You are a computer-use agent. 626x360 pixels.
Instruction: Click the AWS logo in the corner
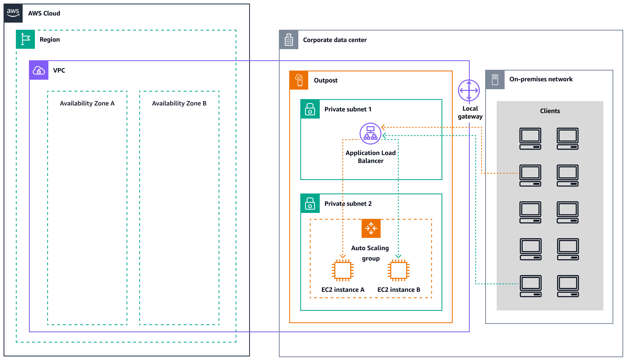pyautogui.click(x=13, y=13)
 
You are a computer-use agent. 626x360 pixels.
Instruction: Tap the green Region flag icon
pyautogui.click(x=25, y=39)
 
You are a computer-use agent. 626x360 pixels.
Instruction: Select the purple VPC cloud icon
pyautogui.click(x=39, y=70)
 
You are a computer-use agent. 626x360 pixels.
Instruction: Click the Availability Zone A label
pyautogui.click(x=87, y=103)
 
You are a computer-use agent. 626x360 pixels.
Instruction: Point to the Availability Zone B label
pyautogui.click(x=179, y=103)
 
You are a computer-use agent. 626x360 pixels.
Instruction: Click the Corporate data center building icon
pyautogui.click(x=289, y=40)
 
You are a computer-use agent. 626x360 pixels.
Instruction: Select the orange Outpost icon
pyautogui.click(x=299, y=80)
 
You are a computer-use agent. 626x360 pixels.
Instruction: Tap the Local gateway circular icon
pyautogui.click(x=469, y=90)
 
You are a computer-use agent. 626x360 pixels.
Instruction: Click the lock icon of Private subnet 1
pyautogui.click(x=310, y=109)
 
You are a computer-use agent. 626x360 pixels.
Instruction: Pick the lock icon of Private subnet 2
pyautogui.click(x=310, y=203)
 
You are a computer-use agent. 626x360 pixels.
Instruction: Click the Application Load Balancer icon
pyautogui.click(x=370, y=133)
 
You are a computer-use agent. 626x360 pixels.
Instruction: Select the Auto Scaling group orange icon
pyautogui.click(x=371, y=228)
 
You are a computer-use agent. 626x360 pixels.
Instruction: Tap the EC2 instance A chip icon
pyautogui.click(x=343, y=270)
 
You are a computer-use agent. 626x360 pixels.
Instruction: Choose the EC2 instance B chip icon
pyautogui.click(x=399, y=270)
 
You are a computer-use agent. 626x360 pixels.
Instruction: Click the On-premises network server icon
pyautogui.click(x=495, y=79)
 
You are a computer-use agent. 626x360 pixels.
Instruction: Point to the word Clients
pyautogui.click(x=550, y=111)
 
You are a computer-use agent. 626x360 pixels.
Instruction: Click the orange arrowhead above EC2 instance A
pyautogui.click(x=343, y=256)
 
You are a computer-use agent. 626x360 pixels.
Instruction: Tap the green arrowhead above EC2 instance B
pyautogui.click(x=398, y=256)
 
